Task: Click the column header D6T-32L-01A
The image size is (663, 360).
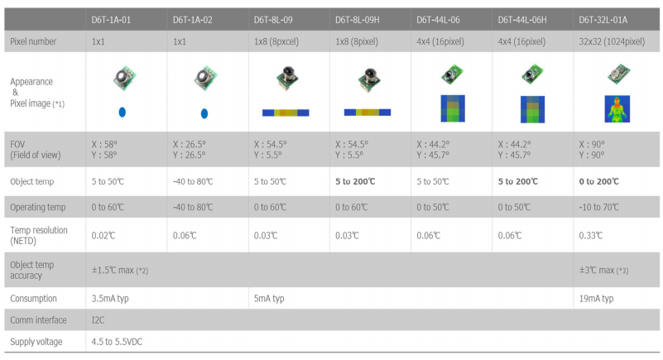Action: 610,18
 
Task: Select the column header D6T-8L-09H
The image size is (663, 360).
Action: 365,18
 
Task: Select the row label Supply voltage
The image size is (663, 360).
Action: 36,341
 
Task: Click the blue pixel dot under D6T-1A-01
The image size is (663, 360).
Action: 122,111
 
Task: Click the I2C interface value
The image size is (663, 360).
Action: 98,319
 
